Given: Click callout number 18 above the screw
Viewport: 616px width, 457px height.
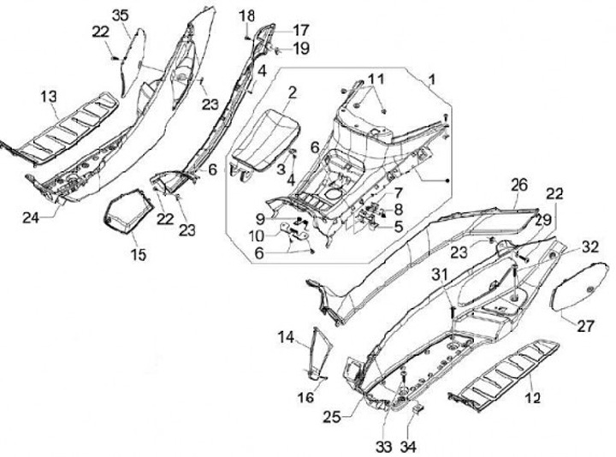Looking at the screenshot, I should (x=246, y=15).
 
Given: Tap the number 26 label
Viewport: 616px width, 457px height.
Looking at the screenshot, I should (x=518, y=185).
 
